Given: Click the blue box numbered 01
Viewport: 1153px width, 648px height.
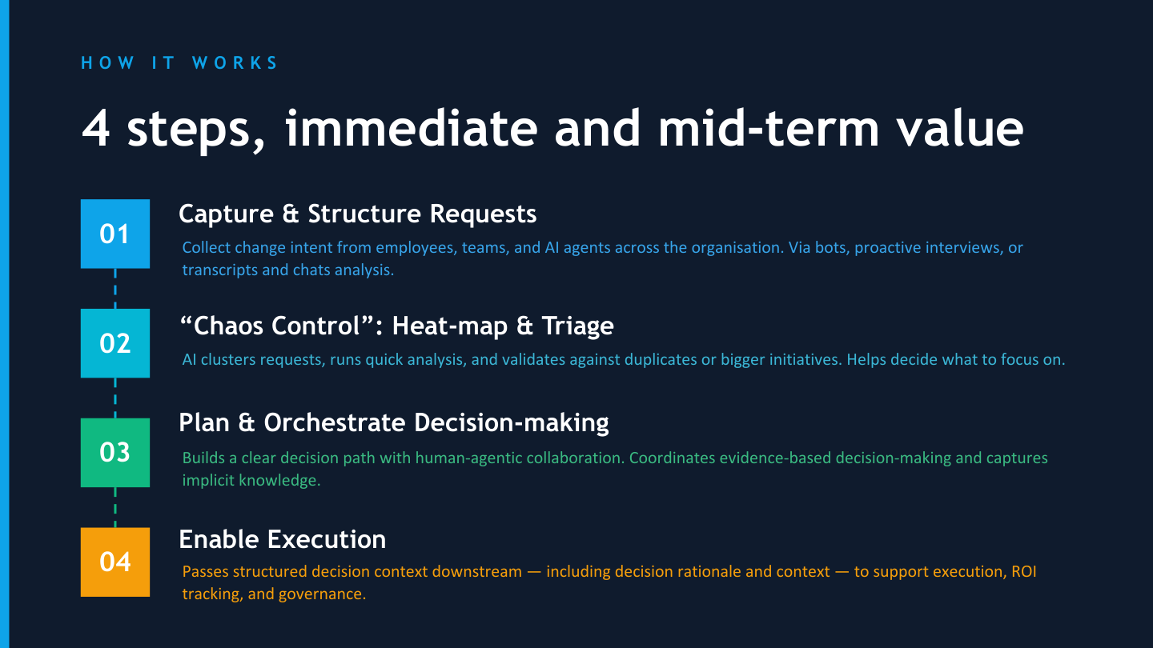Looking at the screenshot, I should click(115, 234).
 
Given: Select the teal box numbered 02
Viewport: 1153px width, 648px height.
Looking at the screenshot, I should click(115, 343).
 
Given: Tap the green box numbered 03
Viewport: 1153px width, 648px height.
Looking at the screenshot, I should click(115, 453).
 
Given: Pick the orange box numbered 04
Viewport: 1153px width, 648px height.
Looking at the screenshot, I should click(115, 562).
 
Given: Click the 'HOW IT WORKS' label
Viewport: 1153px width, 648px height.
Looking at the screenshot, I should click(179, 63).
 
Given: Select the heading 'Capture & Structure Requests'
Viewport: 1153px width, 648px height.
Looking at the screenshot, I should click(357, 214).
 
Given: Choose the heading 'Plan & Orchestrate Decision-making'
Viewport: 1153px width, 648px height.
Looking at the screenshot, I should click(393, 422).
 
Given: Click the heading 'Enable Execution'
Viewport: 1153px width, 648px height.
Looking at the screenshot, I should click(282, 539).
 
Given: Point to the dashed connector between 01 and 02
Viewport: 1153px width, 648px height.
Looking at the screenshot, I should click(115, 288).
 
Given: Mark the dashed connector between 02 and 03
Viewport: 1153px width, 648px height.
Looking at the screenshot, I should click(115, 398).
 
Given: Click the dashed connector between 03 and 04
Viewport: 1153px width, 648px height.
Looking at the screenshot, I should click(115, 507).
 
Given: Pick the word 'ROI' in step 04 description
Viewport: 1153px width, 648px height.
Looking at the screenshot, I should click(1022, 572).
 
